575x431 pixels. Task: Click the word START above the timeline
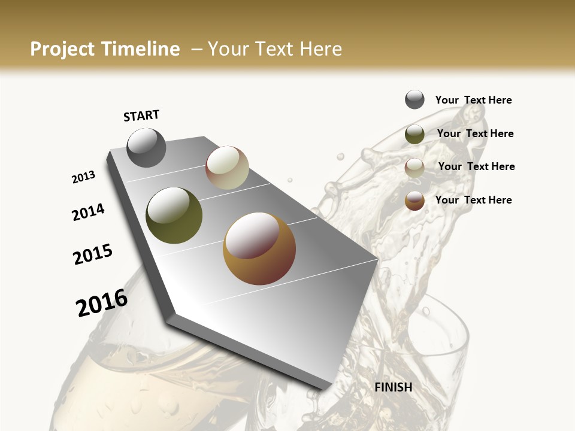click(141, 116)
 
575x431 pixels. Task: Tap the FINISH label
click(394, 387)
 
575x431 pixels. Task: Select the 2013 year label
click(84, 177)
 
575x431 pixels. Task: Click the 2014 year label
click(89, 212)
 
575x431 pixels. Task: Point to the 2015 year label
click(93, 254)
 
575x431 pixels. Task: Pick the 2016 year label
click(102, 303)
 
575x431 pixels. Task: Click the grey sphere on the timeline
click(146, 147)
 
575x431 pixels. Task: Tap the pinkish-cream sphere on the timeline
click(227, 168)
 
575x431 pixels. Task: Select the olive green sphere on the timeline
click(174, 215)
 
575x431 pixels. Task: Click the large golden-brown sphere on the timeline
click(259, 248)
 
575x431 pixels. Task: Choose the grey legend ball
click(414, 100)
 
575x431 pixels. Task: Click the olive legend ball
click(414, 134)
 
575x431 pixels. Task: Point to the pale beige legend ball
click(414, 168)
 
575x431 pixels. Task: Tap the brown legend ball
click(414, 201)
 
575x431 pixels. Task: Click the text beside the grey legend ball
click(473, 100)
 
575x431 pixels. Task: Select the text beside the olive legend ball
click(475, 133)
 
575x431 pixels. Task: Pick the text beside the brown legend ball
click(473, 200)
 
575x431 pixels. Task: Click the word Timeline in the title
click(139, 49)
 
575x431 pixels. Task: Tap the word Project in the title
click(61, 49)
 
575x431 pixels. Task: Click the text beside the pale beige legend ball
click(476, 166)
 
